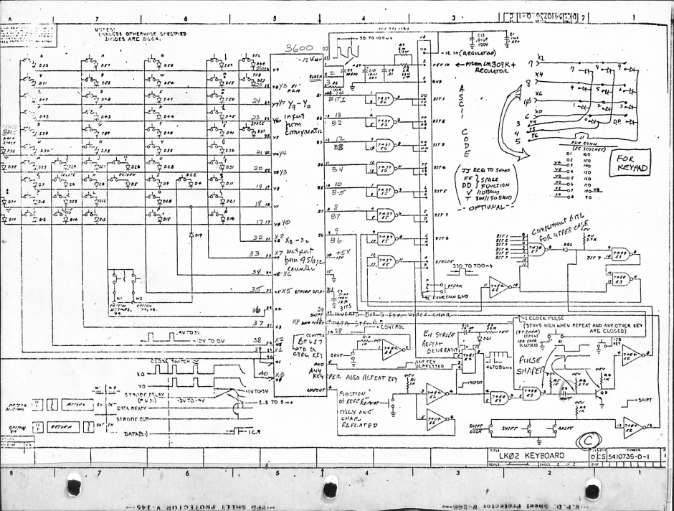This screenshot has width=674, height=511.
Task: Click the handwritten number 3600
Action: [x=300, y=49]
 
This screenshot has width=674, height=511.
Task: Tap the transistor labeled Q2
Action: [x=602, y=392]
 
